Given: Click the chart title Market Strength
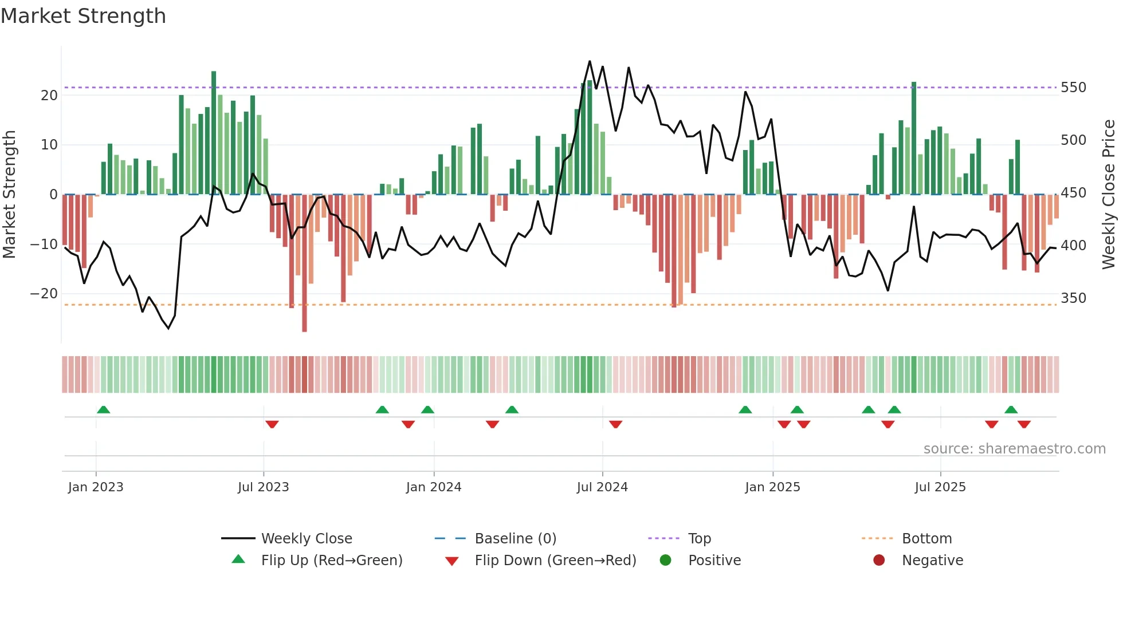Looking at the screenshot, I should (83, 16).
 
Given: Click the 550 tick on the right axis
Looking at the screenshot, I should (1073, 88).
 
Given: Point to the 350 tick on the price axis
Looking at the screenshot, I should (1073, 298).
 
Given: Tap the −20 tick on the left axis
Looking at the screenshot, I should (44, 294).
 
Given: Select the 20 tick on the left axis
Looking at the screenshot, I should (49, 95).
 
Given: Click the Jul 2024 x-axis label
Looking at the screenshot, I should (602, 487).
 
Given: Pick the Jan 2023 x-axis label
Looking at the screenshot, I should (96, 487).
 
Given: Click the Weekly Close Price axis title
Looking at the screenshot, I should (1109, 195).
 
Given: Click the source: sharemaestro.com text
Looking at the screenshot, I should (1014, 449).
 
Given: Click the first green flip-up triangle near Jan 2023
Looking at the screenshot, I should (103, 410).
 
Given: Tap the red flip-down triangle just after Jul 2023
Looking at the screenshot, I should (272, 424).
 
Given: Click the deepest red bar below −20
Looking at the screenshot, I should (304, 263).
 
